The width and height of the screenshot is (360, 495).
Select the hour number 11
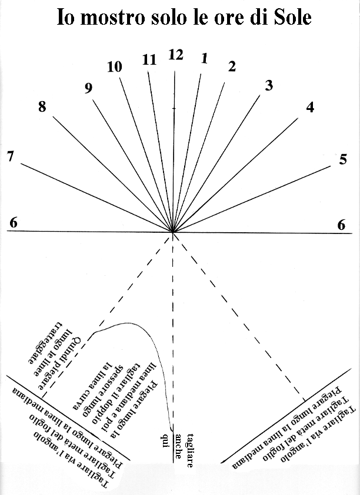click(x=149, y=59)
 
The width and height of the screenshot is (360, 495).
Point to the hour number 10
click(x=115, y=67)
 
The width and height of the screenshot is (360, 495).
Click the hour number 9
click(x=88, y=88)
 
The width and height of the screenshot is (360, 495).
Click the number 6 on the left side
click(x=14, y=223)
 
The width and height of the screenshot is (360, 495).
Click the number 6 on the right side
click(x=341, y=224)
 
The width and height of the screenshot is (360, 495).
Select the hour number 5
click(x=343, y=159)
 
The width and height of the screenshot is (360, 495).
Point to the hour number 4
click(x=310, y=108)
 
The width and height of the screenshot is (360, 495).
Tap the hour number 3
click(x=269, y=86)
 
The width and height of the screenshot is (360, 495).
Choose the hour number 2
click(x=232, y=66)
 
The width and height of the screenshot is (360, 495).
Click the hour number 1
click(x=204, y=58)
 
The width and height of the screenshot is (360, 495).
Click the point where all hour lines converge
click(x=173, y=232)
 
